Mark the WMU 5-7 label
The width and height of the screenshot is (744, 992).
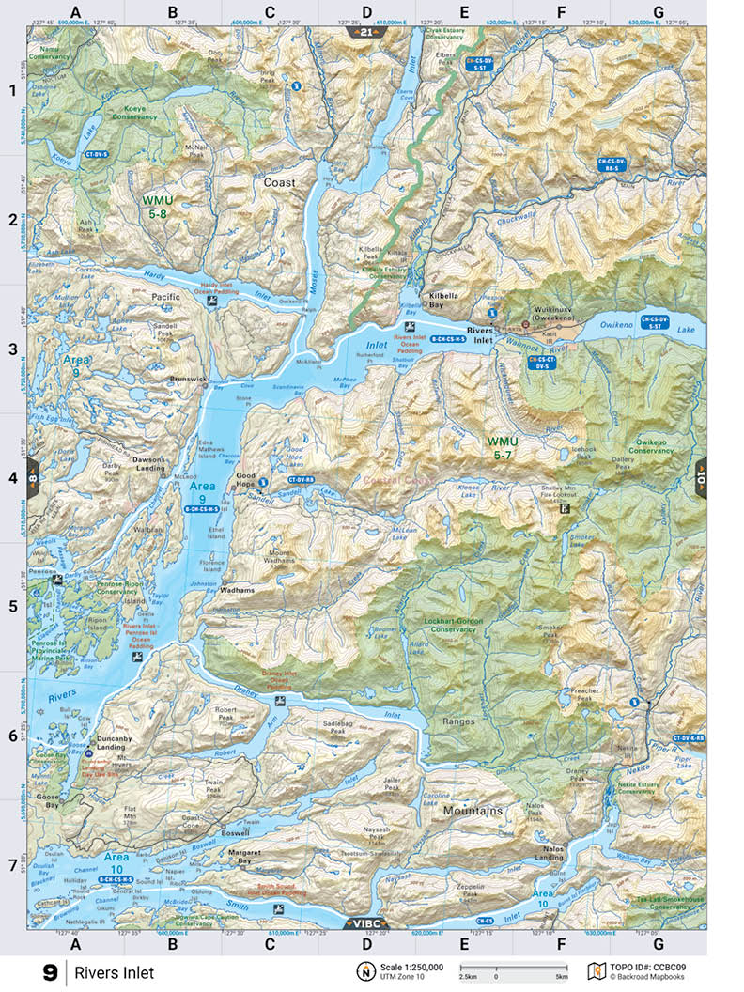(x=508, y=447)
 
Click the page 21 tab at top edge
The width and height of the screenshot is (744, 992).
(x=365, y=32)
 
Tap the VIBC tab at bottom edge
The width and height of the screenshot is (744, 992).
(x=364, y=922)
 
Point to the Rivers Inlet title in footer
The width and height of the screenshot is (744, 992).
(x=115, y=973)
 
